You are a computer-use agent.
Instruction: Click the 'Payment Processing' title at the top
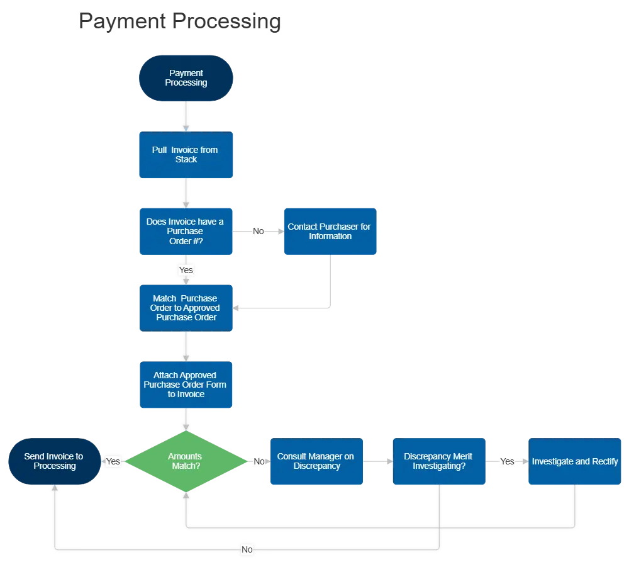pos(180,21)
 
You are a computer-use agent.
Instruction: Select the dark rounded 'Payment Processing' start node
pos(186,78)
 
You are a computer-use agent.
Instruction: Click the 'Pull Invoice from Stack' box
pos(186,155)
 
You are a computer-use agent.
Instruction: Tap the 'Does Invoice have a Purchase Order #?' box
pos(186,231)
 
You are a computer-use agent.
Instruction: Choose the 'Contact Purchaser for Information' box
pos(330,231)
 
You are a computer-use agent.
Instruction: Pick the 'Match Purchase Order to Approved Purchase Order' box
pos(186,308)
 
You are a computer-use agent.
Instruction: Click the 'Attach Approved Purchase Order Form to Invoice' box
pos(186,385)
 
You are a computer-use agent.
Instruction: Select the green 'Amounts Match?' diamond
pos(186,461)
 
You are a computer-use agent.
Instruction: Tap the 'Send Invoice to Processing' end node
pos(55,461)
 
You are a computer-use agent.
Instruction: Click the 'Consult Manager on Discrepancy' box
pos(316,461)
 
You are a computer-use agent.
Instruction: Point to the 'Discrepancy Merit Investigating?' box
pos(439,461)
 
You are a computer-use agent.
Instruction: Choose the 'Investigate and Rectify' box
pos(575,461)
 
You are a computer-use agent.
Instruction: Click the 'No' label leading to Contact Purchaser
pos(259,231)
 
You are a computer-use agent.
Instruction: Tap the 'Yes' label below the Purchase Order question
pos(186,270)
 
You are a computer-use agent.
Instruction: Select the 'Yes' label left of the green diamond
pos(113,461)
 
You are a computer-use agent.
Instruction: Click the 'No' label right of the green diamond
pos(259,461)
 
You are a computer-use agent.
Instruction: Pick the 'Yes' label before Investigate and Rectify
pos(507,461)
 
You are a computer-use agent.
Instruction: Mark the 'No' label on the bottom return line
pos(247,549)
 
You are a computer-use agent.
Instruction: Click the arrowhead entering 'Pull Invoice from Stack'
pos(186,128)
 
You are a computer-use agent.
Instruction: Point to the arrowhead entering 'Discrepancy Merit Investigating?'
pos(390,461)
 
